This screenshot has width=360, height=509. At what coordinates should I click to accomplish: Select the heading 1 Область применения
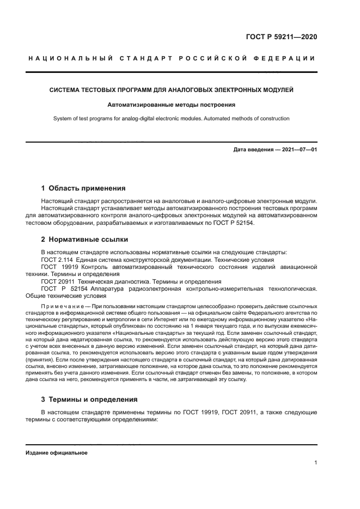click(83, 188)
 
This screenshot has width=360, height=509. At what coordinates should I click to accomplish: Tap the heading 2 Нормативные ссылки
click(84, 239)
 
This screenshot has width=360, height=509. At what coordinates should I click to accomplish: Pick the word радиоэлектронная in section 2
click(166, 289)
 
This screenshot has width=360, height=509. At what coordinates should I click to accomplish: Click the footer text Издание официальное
click(56, 453)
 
